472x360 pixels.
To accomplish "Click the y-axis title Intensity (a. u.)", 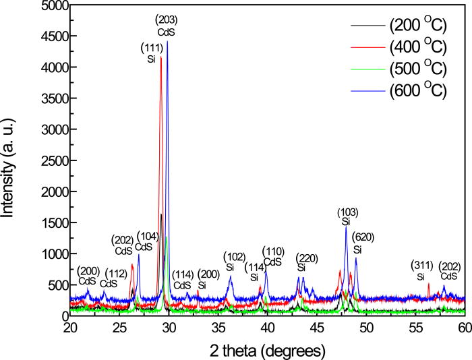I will [9, 160].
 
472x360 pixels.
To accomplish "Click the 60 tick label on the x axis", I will [464, 328].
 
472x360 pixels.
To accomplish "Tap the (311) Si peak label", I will [421, 270].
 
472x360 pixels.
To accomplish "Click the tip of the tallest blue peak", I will [167, 42].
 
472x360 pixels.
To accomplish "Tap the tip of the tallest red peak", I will [160, 58].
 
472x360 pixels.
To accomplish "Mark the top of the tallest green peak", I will [166, 237].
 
